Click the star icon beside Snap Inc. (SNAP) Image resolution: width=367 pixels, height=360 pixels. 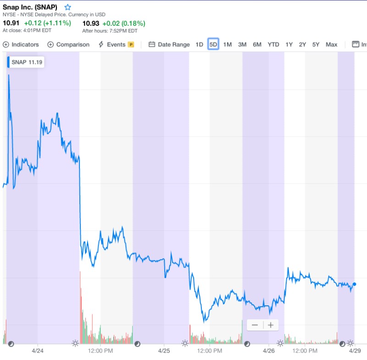click(68, 7)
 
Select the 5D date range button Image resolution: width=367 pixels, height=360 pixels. click(213, 45)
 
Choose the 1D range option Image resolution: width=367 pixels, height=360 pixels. click(199, 45)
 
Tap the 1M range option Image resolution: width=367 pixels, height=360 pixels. click(228, 45)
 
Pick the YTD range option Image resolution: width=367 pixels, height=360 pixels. click(273, 45)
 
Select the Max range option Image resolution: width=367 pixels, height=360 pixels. click(331, 45)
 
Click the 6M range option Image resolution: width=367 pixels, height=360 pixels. click(257, 45)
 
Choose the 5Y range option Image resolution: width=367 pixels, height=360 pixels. click(316, 45)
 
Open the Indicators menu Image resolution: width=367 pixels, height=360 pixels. click(21, 45)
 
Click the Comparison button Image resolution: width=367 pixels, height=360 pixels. click(68, 45)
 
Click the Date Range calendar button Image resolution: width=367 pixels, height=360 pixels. click(169, 45)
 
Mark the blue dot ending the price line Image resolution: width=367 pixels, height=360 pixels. click(354, 284)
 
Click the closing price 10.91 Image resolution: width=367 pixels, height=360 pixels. click(11, 23)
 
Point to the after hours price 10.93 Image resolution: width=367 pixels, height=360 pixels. click(90, 23)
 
